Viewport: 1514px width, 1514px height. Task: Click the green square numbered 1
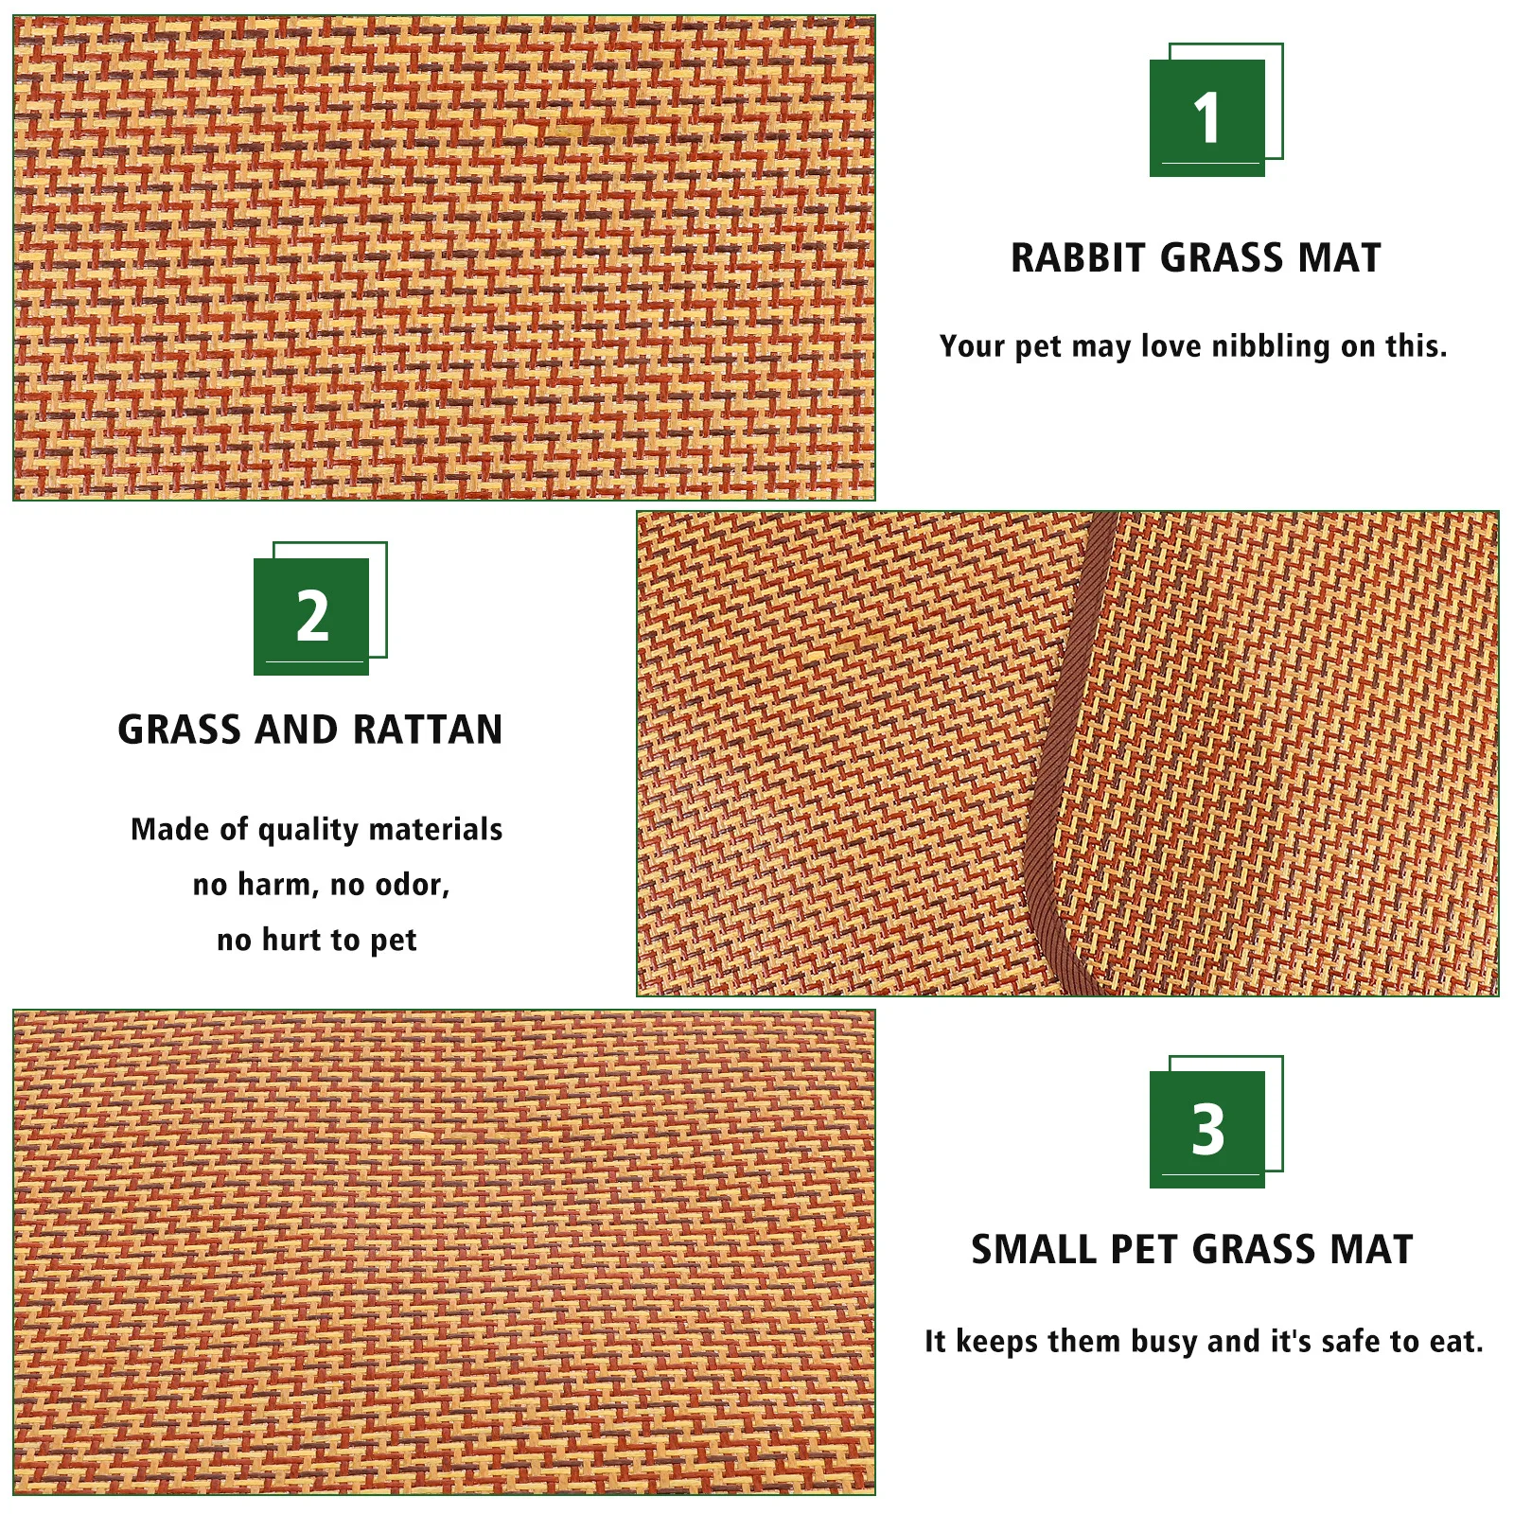(x=1206, y=117)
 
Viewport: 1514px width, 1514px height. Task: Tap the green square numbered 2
(x=311, y=616)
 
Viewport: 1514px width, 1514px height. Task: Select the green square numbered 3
(x=1206, y=1129)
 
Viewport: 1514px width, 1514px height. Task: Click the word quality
(x=308, y=830)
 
